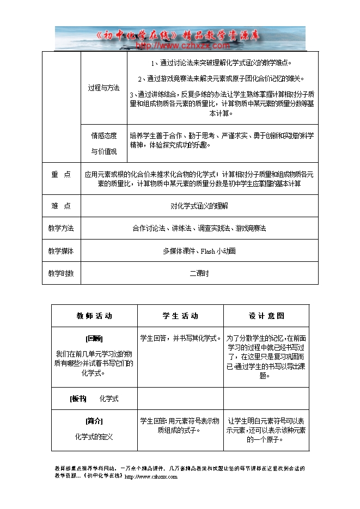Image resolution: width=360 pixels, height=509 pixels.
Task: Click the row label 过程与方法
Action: click(103, 87)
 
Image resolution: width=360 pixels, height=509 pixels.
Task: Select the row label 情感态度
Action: click(103, 136)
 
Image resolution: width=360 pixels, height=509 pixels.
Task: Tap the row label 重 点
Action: click(61, 175)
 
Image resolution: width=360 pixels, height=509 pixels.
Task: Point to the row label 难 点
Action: click(61, 206)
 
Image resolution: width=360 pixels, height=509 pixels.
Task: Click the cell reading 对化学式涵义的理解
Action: click(199, 206)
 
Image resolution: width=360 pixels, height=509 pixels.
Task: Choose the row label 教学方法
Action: click(61, 229)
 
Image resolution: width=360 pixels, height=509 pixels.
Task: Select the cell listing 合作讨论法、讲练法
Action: click(199, 229)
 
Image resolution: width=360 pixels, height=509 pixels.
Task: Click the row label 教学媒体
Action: click(61, 251)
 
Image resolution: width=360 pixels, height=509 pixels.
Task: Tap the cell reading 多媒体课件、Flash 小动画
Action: click(199, 251)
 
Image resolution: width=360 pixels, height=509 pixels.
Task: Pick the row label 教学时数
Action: click(61, 273)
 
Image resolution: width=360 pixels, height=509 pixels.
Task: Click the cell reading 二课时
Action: click(199, 273)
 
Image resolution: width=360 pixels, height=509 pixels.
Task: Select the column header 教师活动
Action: click(94, 316)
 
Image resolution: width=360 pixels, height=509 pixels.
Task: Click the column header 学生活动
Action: click(180, 316)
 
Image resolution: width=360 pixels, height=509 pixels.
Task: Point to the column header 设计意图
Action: click(266, 316)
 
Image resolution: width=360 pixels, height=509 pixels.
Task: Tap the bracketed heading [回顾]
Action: click(94, 338)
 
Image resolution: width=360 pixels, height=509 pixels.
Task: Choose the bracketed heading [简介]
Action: click(94, 421)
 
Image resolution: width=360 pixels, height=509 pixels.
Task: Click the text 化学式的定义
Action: click(94, 437)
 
